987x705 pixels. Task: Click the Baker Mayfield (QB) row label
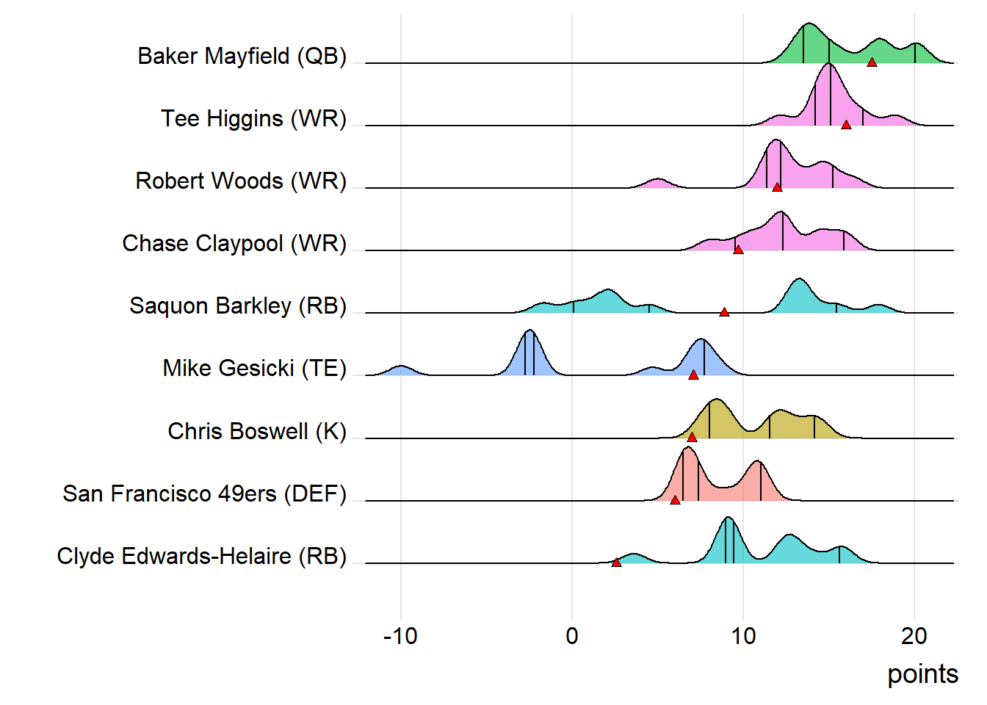(x=242, y=57)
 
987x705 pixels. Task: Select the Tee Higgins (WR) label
(x=253, y=119)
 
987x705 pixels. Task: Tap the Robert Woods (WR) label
(x=241, y=181)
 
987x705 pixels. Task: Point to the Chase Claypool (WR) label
(x=234, y=244)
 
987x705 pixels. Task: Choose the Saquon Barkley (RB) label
(x=238, y=306)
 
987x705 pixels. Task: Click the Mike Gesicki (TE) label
(x=254, y=369)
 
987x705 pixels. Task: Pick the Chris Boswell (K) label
(x=257, y=431)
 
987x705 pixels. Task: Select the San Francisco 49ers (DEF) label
(x=204, y=493)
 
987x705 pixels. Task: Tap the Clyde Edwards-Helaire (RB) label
(x=201, y=557)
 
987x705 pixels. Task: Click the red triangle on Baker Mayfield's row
(x=872, y=62)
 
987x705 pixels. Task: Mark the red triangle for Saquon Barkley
(x=724, y=312)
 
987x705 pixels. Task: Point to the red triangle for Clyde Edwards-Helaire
(x=616, y=563)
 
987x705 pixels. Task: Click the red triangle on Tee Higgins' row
(x=846, y=125)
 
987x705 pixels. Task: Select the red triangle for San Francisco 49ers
(x=675, y=500)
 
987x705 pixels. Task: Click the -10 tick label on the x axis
(x=400, y=636)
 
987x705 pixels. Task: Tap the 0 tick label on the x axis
(x=572, y=636)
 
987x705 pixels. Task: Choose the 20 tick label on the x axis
(x=914, y=636)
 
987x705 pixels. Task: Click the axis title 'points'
(x=922, y=674)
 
